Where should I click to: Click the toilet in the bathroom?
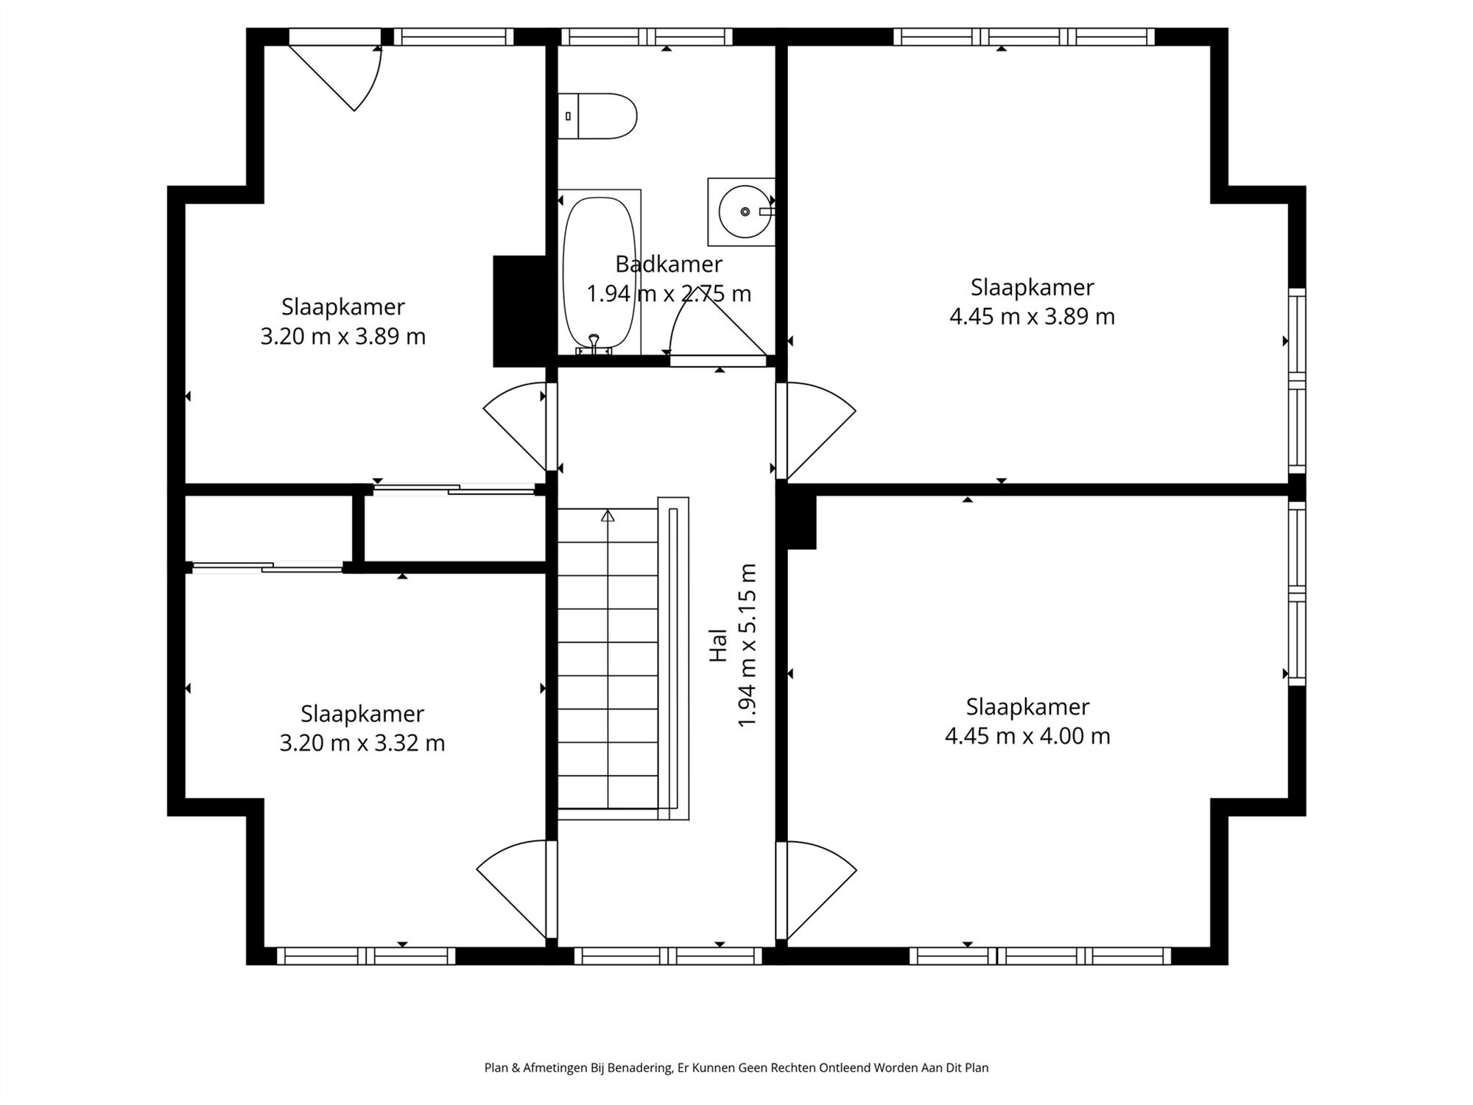tap(597, 116)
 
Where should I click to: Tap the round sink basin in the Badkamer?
tap(745, 211)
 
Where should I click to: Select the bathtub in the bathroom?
tap(600, 273)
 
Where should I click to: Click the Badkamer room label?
tap(669, 264)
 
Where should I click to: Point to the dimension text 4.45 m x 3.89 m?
tap(1032, 317)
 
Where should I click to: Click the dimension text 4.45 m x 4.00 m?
tap(1027, 736)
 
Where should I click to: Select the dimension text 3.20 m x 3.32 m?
tap(362, 743)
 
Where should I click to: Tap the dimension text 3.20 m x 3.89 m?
tap(342, 336)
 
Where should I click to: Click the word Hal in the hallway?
tap(718, 645)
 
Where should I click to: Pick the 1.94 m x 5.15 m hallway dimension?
tap(747, 645)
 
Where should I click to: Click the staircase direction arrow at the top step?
tap(608, 516)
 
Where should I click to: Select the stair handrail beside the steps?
tap(673, 658)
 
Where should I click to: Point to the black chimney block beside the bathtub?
tap(519, 311)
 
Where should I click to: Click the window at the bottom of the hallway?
tap(668, 956)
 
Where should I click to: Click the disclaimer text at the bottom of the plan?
tap(736, 1067)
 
